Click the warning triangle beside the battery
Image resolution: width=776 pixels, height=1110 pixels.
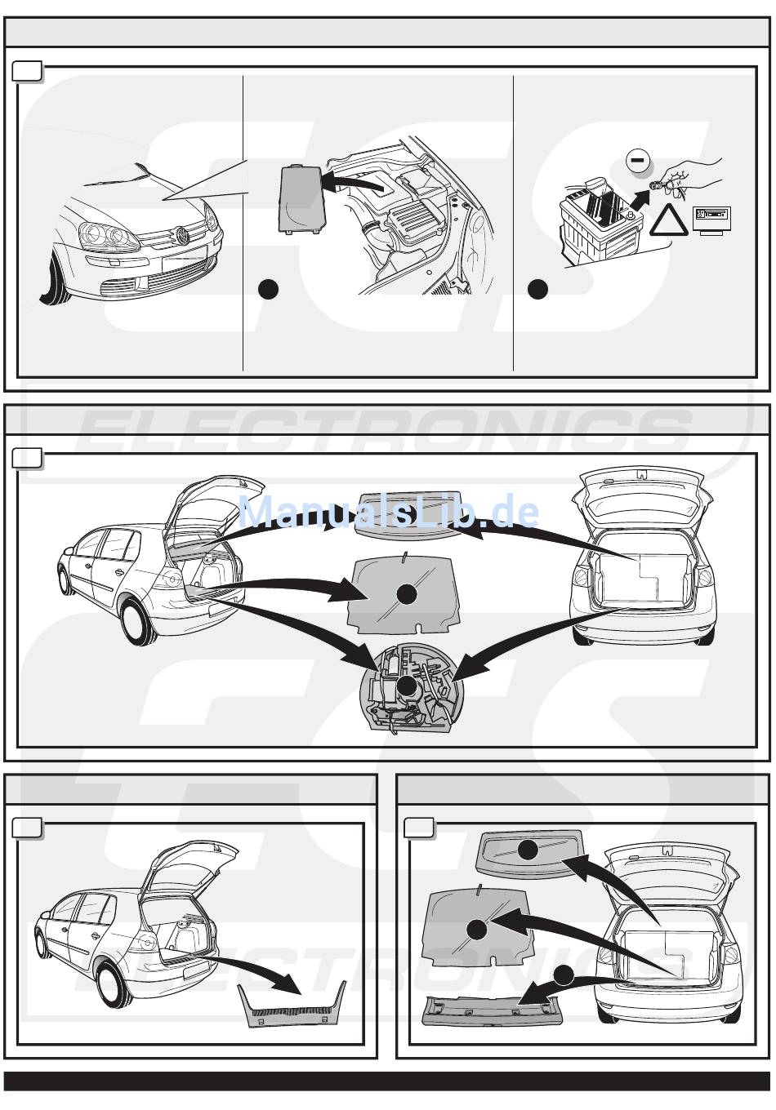point(669,223)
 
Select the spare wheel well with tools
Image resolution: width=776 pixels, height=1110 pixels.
point(406,687)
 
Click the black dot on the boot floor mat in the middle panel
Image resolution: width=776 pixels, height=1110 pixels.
point(406,594)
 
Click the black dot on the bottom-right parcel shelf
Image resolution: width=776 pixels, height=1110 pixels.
point(528,850)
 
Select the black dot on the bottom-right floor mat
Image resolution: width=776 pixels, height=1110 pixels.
point(476,928)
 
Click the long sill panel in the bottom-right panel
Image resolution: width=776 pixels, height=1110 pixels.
point(490,1012)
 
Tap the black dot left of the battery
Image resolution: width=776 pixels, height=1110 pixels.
point(537,289)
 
